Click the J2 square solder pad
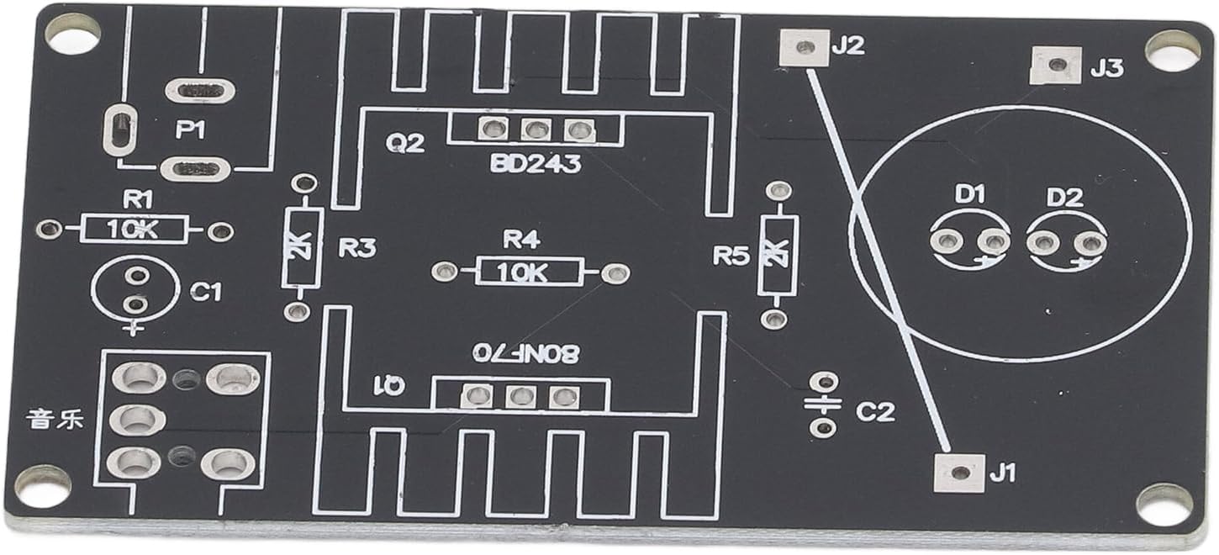tap(804, 47)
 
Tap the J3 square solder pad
tap(1054, 66)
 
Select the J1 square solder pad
tap(958, 473)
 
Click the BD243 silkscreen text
tap(536, 164)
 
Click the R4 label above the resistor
tap(520, 240)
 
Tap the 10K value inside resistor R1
tap(135, 229)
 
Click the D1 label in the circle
tap(969, 195)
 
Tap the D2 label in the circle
tap(1064, 198)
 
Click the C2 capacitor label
tap(875, 412)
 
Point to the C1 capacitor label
tap(206, 292)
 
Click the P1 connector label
tap(190, 130)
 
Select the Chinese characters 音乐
tap(55, 418)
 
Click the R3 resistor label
tap(357, 248)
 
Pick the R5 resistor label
tap(731, 256)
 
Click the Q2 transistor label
tap(404, 144)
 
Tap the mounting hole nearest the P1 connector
tap(72, 34)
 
